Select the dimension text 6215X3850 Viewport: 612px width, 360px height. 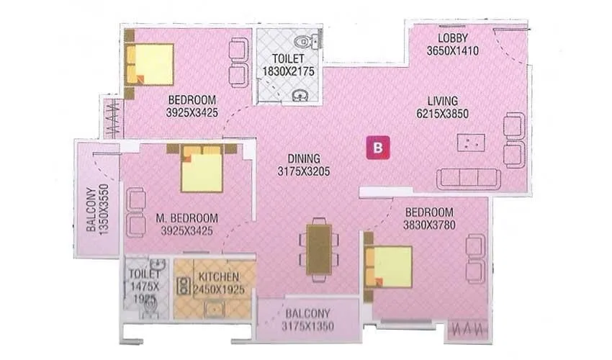pos(452,114)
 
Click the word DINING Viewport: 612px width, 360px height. pos(302,158)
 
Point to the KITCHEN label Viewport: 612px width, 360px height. pos(215,276)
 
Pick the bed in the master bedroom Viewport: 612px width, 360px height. pos(201,170)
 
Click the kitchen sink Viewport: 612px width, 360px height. pos(215,309)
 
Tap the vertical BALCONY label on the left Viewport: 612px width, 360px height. pos(92,210)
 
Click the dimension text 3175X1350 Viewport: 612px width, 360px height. pos(307,326)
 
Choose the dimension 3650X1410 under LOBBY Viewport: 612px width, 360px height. pos(453,50)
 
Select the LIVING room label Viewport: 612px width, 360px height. pos(452,101)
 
